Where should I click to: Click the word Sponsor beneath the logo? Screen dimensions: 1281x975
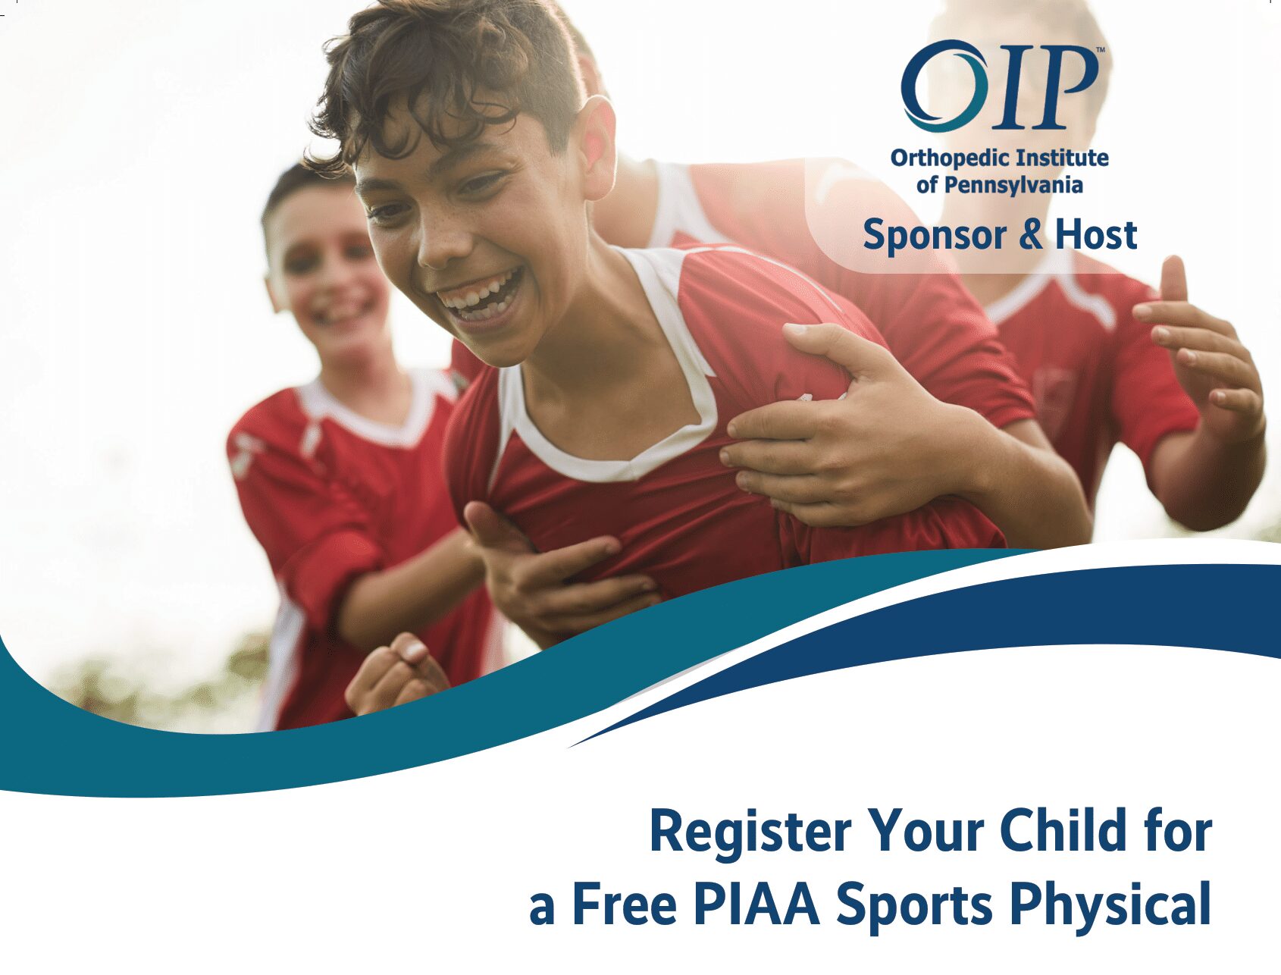pyautogui.click(x=934, y=236)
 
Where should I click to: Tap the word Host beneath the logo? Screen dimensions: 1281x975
pyautogui.click(x=1096, y=234)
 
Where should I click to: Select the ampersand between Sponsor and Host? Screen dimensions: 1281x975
pyautogui.click(x=1030, y=234)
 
